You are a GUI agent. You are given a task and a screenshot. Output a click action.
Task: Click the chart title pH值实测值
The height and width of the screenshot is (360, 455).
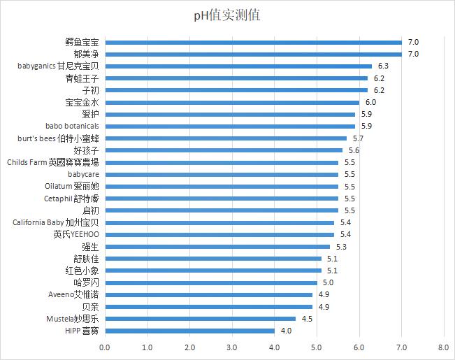[227, 15]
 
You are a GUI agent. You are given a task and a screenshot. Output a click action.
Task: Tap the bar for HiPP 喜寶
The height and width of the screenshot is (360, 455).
[189, 331]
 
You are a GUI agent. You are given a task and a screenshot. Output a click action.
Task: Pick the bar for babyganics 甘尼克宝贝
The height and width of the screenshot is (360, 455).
[238, 66]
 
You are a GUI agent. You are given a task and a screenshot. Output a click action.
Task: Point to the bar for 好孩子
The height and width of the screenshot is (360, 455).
[224, 150]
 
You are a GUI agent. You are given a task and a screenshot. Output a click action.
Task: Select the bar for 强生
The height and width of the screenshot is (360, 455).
[217, 247]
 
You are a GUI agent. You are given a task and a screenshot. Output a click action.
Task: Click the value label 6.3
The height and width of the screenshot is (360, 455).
[383, 66]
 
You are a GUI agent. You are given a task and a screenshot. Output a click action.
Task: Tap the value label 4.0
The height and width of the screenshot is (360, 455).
[286, 331]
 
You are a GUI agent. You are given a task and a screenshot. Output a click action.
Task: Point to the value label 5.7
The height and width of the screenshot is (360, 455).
[358, 138]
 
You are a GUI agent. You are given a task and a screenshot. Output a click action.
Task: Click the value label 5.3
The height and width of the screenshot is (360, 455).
[341, 247]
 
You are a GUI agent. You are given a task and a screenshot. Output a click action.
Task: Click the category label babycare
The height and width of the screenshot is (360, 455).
[83, 174]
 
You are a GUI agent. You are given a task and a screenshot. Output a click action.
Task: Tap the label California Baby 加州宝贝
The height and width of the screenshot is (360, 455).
[56, 222]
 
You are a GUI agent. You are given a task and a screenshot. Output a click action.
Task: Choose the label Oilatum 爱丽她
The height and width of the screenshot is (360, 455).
[71, 187]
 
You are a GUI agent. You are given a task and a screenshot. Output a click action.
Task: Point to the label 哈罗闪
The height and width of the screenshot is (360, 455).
[86, 282]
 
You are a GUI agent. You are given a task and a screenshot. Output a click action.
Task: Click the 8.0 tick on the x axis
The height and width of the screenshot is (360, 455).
[443, 347]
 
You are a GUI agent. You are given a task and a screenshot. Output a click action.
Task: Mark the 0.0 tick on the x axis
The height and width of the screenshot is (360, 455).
[105, 347]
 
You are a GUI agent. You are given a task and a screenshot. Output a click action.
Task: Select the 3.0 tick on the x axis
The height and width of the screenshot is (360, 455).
[232, 347]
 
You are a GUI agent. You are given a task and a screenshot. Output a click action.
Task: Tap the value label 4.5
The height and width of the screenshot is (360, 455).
[308, 319]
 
